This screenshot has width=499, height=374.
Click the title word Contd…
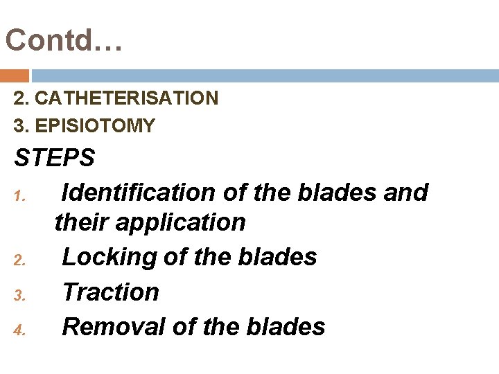click(64, 40)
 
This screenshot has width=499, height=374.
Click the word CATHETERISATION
click(126, 98)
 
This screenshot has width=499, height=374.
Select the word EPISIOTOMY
click(94, 125)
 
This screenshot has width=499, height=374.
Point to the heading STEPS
click(54, 158)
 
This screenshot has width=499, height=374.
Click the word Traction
click(110, 292)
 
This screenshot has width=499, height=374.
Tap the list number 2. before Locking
click(19, 262)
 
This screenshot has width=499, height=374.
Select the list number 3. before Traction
click(19, 296)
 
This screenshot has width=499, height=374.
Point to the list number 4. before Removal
click(19, 331)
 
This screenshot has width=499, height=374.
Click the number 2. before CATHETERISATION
click(21, 98)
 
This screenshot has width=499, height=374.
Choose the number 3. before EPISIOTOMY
click(21, 125)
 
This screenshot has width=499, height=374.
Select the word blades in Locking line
click(277, 257)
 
